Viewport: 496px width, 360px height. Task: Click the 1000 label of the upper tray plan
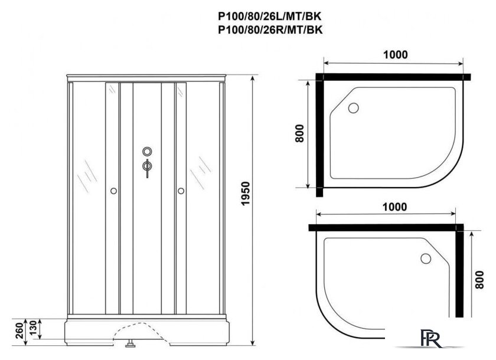coord(395,55)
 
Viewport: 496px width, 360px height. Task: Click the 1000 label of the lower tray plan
coord(394,207)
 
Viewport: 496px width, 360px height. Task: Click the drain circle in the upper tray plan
coord(354,107)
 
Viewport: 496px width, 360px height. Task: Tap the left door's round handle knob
coord(113,191)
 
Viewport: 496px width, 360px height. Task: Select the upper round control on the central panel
coord(146,152)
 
